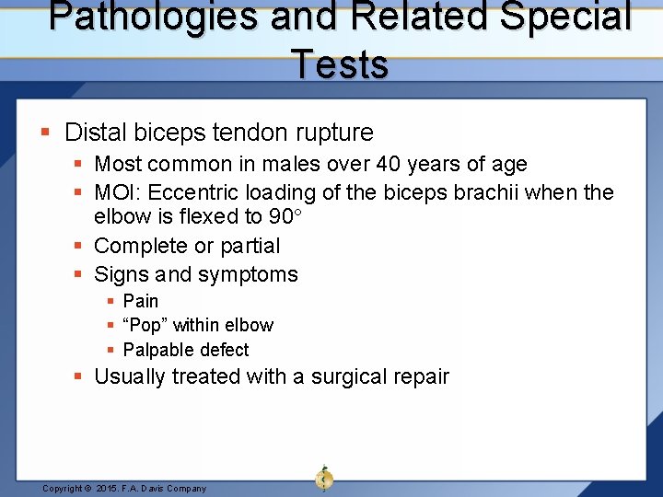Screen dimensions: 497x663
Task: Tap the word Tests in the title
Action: coord(340,64)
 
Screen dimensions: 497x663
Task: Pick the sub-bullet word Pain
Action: coord(141,301)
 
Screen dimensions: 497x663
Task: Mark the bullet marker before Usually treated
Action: coord(80,376)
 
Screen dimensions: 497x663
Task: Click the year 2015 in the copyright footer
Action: coord(109,489)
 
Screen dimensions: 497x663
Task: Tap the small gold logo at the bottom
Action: coord(324,478)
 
